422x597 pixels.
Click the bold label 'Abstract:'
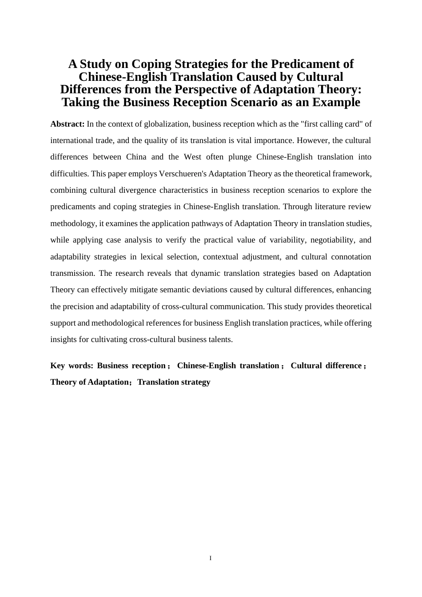[68, 124]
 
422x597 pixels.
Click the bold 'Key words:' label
[72, 366]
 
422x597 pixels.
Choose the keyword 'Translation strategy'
[174, 382]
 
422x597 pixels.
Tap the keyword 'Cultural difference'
[326, 366]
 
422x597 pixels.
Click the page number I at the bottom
[211, 558]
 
